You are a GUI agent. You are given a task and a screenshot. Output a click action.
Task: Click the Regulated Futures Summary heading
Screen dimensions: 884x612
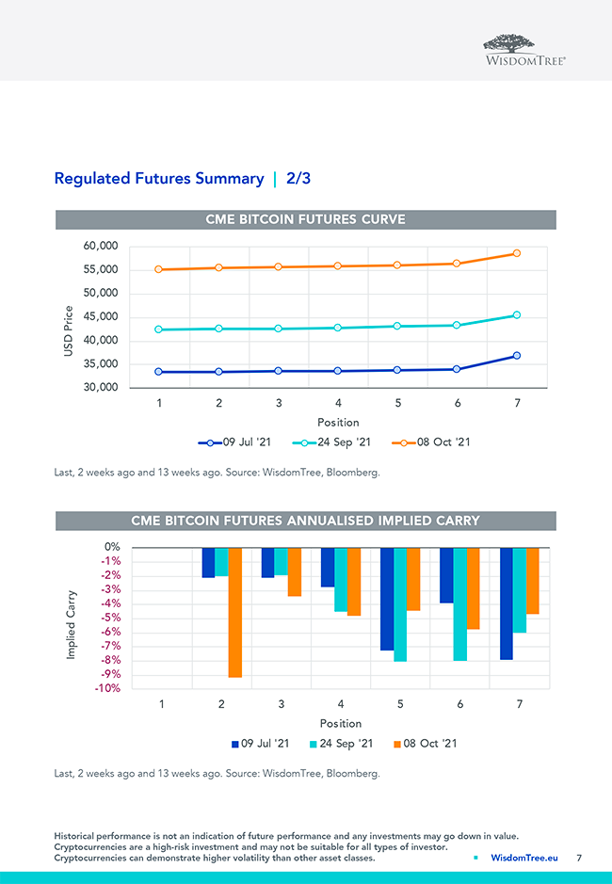tap(159, 178)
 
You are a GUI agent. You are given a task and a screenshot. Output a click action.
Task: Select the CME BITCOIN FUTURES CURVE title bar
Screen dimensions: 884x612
tap(305, 219)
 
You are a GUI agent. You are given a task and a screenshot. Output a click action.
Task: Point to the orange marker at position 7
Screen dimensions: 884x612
tap(517, 253)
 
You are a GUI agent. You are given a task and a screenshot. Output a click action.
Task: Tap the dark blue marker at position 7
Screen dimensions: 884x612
tap(517, 356)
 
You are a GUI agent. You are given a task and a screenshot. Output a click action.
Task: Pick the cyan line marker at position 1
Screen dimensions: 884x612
tap(159, 329)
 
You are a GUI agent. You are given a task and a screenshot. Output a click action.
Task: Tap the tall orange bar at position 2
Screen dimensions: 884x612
tap(234, 612)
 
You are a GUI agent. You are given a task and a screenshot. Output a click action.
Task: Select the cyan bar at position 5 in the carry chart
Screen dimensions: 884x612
tap(400, 604)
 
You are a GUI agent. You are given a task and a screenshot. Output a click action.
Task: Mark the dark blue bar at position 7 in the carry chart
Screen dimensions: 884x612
tap(507, 603)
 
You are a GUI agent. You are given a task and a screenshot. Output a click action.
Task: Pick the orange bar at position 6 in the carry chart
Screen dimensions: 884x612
tap(473, 588)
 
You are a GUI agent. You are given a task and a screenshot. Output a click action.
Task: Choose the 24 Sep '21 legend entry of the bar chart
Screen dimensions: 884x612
tap(341, 744)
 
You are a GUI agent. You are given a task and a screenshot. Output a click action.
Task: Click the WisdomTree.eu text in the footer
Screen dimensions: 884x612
tap(524, 858)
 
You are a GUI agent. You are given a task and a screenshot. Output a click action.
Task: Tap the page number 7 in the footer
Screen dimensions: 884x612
tap(579, 858)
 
